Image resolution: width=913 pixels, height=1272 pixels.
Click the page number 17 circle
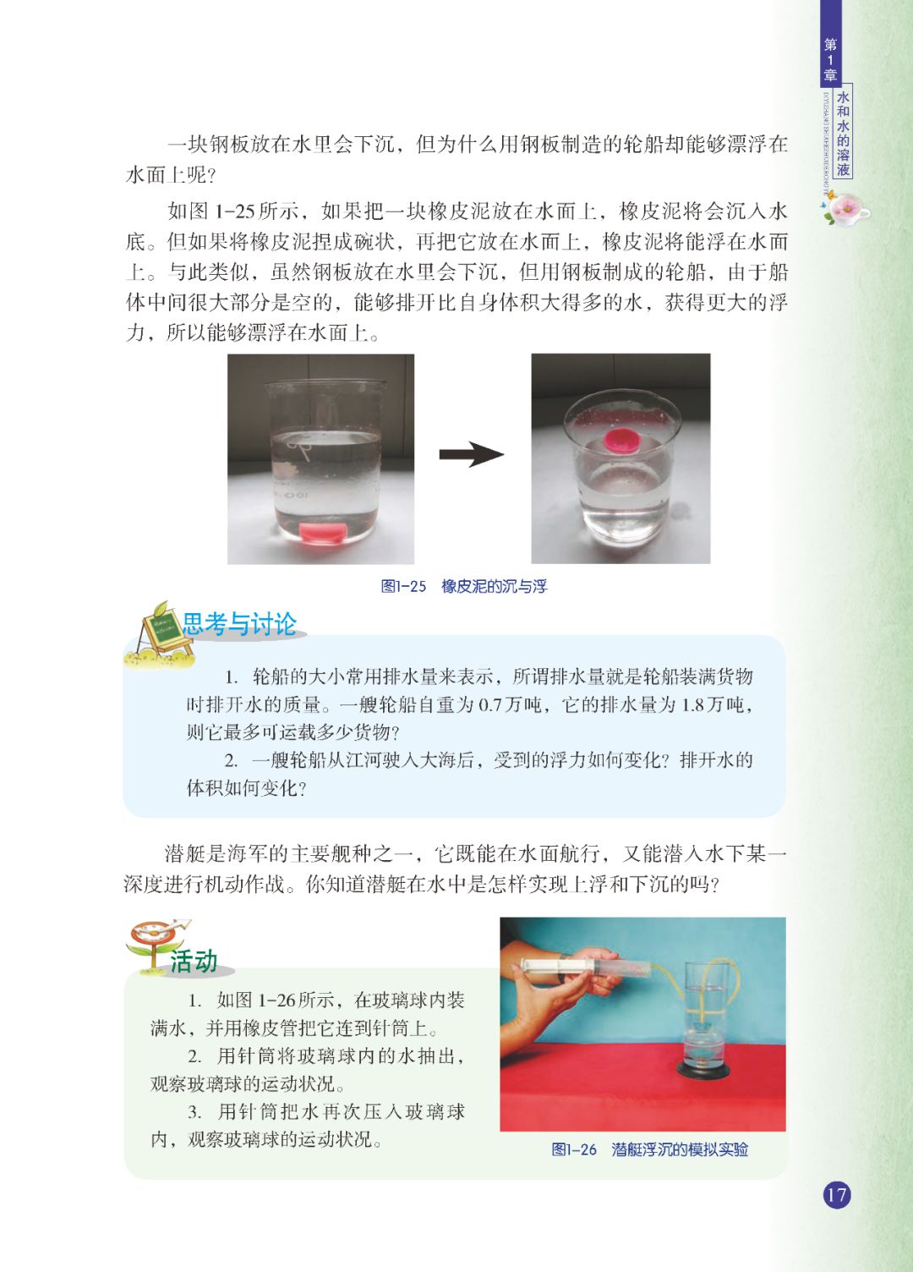click(x=837, y=1195)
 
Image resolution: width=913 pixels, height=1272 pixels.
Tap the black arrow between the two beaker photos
click(x=472, y=454)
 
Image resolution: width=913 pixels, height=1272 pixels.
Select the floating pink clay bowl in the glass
click(x=622, y=440)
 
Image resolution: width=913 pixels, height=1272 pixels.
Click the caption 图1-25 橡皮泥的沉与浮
click(x=463, y=587)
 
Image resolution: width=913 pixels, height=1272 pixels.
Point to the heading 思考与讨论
click(x=239, y=624)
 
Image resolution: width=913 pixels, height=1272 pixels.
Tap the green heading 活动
click(x=194, y=961)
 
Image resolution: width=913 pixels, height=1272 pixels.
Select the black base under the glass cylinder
click(x=703, y=1070)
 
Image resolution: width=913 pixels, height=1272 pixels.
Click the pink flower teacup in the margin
click(x=845, y=208)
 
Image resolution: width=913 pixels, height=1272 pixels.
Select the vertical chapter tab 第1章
click(x=830, y=59)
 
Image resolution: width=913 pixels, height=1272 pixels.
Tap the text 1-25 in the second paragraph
click(x=234, y=211)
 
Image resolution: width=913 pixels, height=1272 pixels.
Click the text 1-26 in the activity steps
click(x=277, y=1000)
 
